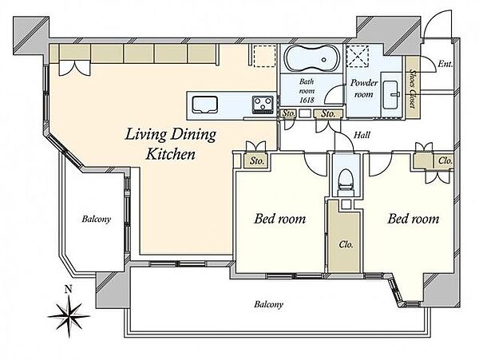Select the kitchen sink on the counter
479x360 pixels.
(204, 105)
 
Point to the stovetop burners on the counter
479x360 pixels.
(263, 105)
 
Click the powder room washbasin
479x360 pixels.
(392, 95)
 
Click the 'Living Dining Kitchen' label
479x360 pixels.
(171, 144)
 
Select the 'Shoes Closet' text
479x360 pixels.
(413, 89)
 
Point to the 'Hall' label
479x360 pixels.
(362, 135)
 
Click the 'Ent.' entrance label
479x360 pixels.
(445, 64)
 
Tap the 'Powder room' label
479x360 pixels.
(364, 89)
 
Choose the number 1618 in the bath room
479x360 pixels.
(307, 100)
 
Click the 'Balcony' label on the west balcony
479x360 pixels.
(97, 220)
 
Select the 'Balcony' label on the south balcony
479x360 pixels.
(269, 304)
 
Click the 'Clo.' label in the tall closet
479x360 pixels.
(346, 244)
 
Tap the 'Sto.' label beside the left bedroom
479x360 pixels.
(256, 161)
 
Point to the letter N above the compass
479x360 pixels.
(69, 289)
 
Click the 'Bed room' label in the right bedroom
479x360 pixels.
(414, 219)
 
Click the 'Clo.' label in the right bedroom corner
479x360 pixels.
(445, 160)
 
